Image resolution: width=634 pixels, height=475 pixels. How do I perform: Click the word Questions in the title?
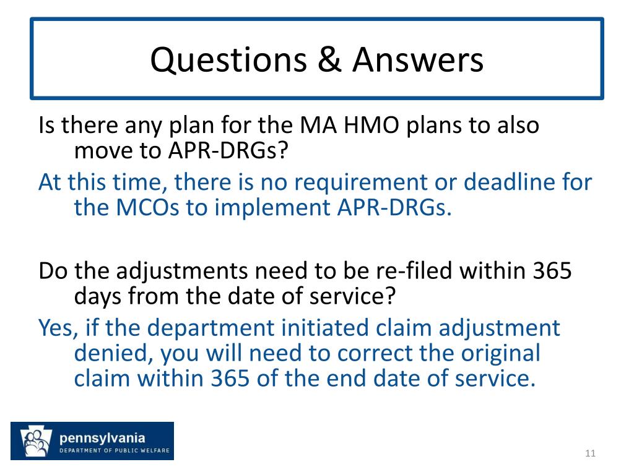coord(228,60)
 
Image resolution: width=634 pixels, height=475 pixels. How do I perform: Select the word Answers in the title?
coord(418,59)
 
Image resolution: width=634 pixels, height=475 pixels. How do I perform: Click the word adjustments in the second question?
coord(183,272)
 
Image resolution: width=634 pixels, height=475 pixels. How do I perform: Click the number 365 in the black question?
coord(552,271)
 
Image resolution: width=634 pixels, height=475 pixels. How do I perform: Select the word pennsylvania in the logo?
coord(102,439)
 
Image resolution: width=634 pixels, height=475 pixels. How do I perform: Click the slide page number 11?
coord(590,453)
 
